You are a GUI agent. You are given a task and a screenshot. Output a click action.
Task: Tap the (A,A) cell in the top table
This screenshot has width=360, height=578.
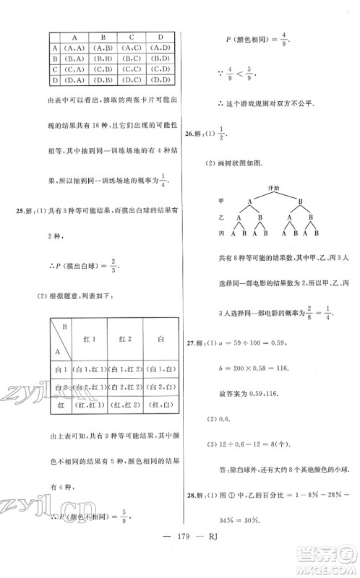tap(74, 48)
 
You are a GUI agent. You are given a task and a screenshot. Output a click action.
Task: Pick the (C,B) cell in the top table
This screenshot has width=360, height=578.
tap(103, 69)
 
